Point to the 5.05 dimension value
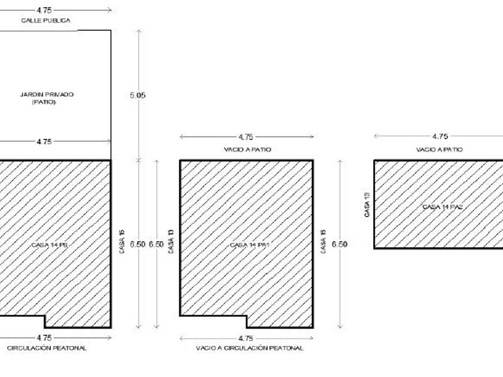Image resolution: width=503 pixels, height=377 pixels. [138, 95]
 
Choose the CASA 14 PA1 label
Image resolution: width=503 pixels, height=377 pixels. [247, 245]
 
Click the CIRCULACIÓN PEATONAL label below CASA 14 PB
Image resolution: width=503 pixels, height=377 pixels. [47, 348]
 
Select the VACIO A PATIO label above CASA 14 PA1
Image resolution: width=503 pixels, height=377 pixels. [246, 150]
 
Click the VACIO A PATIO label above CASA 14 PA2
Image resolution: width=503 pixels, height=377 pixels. [440, 150]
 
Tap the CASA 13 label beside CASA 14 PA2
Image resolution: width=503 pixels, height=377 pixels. [366, 204]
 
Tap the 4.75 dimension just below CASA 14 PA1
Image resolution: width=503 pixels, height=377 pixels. [246, 338]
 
